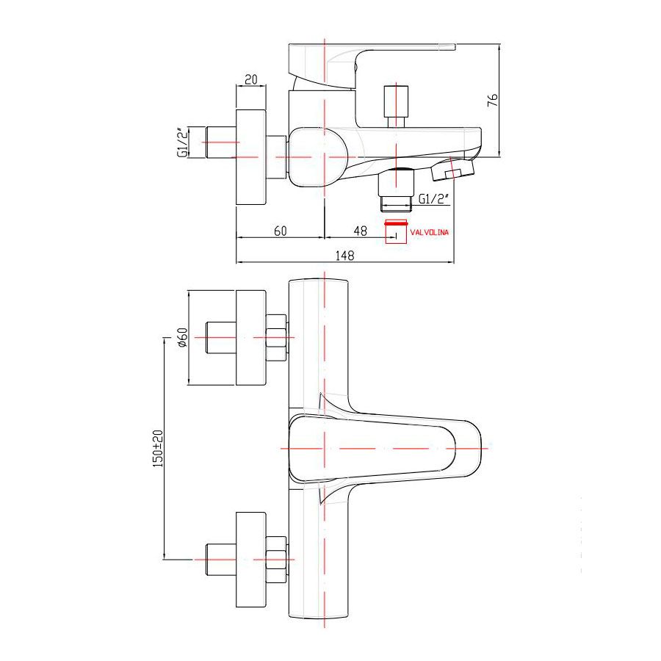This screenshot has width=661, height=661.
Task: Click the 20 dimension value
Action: coord(251,79)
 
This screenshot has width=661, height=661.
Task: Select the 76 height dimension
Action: coord(492,100)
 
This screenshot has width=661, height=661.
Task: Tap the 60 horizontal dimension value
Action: coord(281,231)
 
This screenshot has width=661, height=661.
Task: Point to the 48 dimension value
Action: coord(361,231)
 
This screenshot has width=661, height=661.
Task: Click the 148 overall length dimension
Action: coord(345,256)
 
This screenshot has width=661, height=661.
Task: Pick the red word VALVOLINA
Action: coord(429,232)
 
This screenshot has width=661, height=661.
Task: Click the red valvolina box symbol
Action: coord(396,231)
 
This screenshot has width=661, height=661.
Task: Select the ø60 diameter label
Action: coord(182,337)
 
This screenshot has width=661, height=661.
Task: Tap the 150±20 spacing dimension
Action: coord(157,448)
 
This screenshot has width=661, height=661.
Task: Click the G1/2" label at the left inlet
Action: coord(182,142)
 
